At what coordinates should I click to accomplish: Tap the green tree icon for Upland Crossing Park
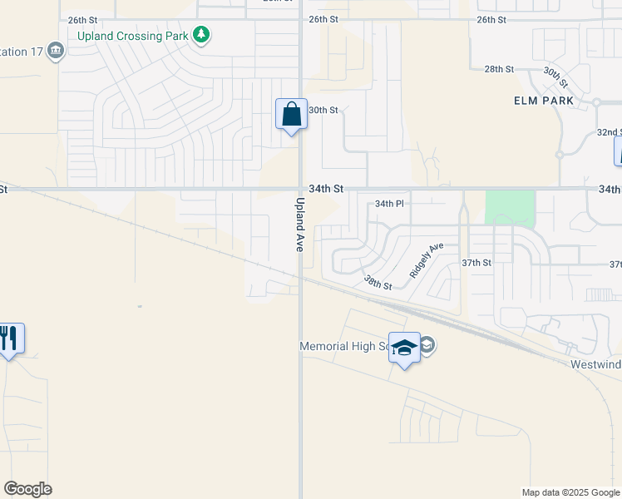pos(200,35)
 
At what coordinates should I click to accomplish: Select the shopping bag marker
pos(292,114)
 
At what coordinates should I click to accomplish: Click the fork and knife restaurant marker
pos(9,338)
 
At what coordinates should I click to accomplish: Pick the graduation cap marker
pos(405,348)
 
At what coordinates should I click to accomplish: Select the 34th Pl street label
pos(388,204)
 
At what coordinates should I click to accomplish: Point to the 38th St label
pos(378,283)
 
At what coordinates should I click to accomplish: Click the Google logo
pos(27,489)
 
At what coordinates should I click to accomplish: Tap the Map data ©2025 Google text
pos(570,492)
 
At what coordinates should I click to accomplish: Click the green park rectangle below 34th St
pos(509,208)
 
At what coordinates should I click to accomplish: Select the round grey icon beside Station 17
pos(56,51)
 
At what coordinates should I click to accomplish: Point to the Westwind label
pos(596,364)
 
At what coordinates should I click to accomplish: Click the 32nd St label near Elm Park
pos(609,132)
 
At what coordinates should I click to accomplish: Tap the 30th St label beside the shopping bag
pos(323,110)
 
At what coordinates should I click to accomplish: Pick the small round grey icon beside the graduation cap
pos(427,345)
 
